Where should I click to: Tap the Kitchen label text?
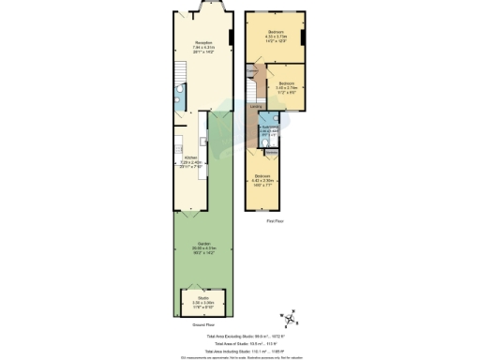190,157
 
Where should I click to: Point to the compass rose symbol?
291,319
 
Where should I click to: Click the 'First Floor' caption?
275,221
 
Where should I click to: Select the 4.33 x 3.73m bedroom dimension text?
276,36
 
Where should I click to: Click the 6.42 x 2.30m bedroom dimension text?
263,181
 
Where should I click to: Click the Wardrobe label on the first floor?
270,150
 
